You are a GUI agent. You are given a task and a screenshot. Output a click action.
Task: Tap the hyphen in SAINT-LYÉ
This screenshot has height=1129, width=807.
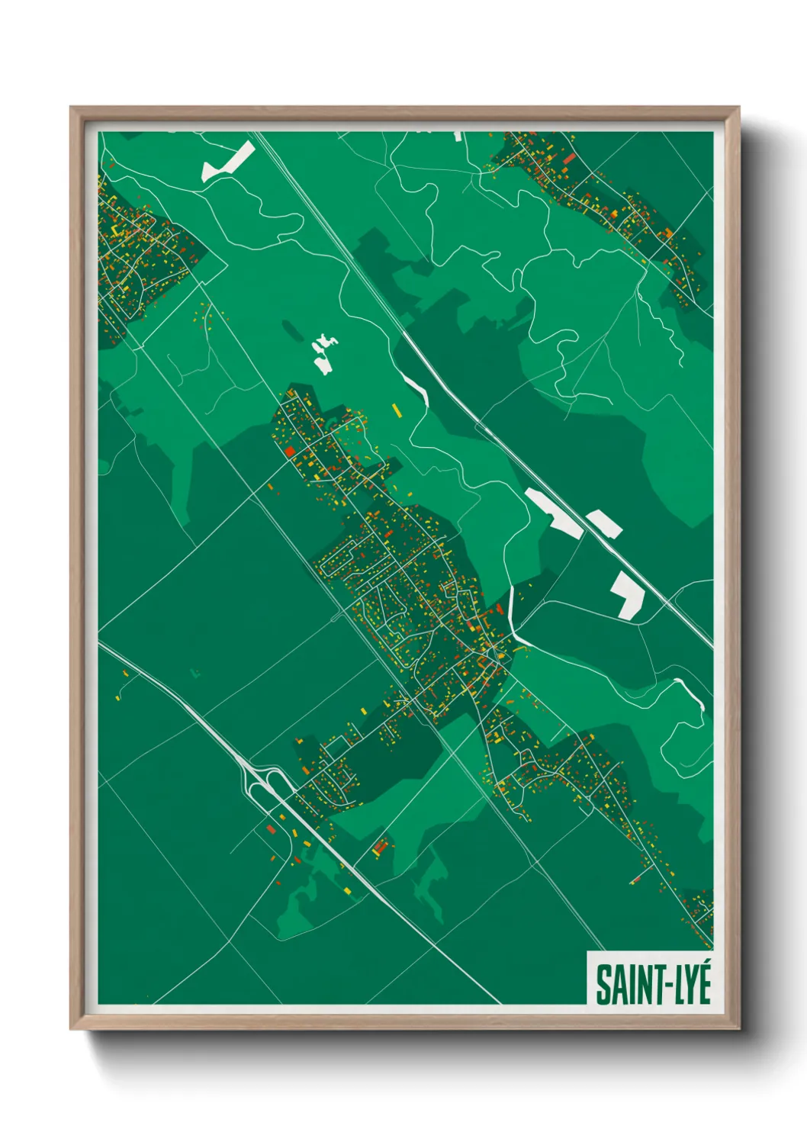pos(657,986)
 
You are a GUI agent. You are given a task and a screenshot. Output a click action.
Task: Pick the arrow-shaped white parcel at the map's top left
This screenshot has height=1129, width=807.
pos(227,162)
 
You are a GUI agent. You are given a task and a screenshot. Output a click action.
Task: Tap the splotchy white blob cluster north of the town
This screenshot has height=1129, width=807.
pos(324,354)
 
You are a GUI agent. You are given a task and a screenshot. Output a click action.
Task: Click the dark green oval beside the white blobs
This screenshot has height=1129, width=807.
pos(291,329)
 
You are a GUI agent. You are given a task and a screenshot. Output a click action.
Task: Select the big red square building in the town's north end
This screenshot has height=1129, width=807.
pos(290,451)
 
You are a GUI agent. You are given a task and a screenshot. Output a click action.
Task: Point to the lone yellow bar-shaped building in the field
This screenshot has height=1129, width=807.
pos(396,410)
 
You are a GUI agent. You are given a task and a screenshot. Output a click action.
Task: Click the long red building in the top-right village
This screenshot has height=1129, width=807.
pos(569,159)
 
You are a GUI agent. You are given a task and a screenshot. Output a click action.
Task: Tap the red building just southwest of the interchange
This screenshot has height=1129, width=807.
pos(270,828)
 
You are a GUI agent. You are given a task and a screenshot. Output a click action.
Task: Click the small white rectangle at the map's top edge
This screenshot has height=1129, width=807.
pos(458,136)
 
